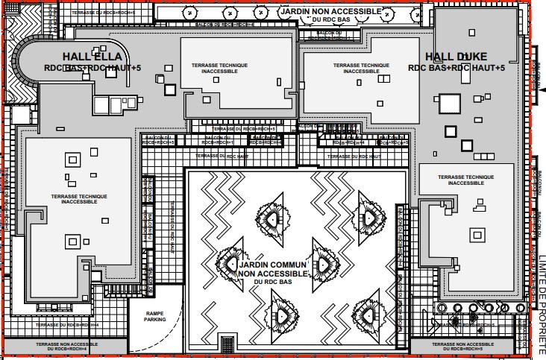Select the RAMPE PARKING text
155,316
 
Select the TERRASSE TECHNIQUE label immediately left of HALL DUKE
361,68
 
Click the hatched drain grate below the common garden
227,342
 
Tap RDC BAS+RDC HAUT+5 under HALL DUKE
456,69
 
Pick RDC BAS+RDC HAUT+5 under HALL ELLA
92,69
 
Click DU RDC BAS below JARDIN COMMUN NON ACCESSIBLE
272,282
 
